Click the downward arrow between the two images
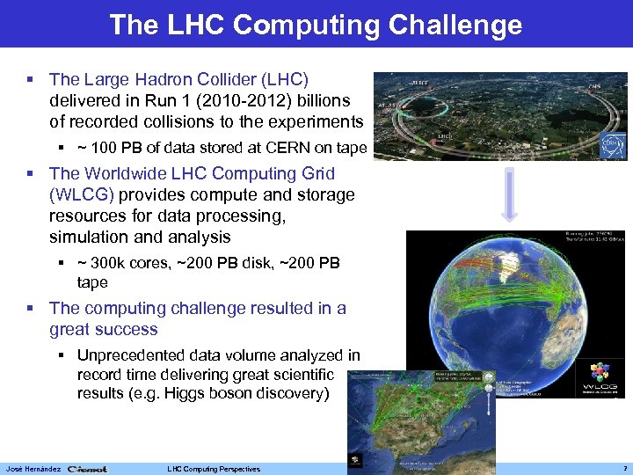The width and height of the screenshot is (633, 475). [x=511, y=195]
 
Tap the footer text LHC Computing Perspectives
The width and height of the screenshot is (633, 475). [x=213, y=469]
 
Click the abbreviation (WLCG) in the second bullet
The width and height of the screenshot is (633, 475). [x=84, y=194]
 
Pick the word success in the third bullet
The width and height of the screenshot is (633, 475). [x=130, y=330]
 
